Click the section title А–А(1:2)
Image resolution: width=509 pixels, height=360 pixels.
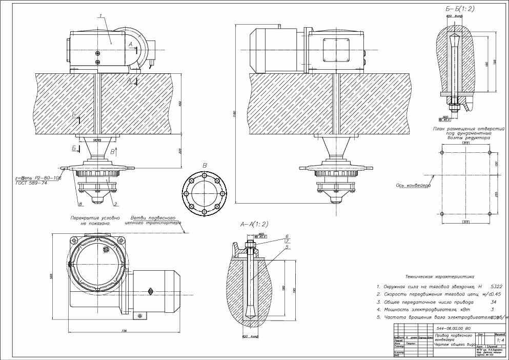[254, 225]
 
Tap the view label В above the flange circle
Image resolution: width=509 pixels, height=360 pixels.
[204, 165]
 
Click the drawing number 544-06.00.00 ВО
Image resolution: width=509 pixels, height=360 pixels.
[453, 328]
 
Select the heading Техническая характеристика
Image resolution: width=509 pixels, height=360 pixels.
[439, 276]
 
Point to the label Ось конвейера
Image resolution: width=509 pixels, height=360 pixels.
[413, 185]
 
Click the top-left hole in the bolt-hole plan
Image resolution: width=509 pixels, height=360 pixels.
[441, 153]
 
